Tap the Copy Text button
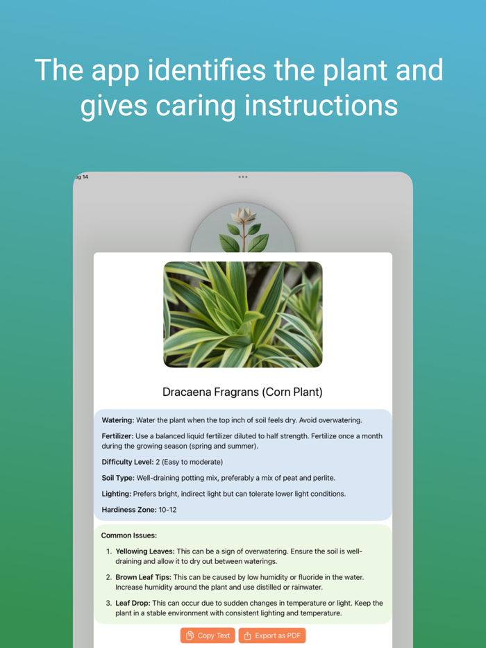click(208, 635)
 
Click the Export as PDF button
click(272, 635)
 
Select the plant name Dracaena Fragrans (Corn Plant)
click(242, 392)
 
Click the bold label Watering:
click(118, 420)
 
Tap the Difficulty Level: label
click(127, 462)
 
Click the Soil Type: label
click(118, 478)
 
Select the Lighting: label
click(117, 494)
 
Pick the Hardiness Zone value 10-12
click(167, 510)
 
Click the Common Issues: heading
click(129, 535)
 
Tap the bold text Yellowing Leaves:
click(145, 551)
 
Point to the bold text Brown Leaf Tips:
click(143, 577)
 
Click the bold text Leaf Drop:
click(133, 603)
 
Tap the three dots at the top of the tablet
click(243, 176)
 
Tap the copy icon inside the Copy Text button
click(190, 635)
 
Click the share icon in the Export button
click(247, 635)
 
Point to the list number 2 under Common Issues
click(108, 577)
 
